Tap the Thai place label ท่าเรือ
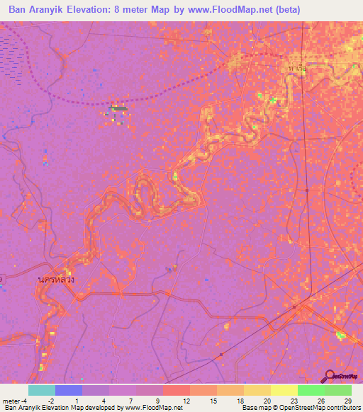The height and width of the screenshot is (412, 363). coord(297,69)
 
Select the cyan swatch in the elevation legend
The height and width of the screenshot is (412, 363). coord(41,390)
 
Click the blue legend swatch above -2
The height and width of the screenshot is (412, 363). coord(68,390)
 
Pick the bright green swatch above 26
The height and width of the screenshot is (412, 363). coord(311,390)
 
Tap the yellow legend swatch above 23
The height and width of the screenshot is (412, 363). coord(284,390)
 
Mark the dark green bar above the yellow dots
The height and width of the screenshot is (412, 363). coord(118,108)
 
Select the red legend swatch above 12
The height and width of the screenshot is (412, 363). coord(176,390)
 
